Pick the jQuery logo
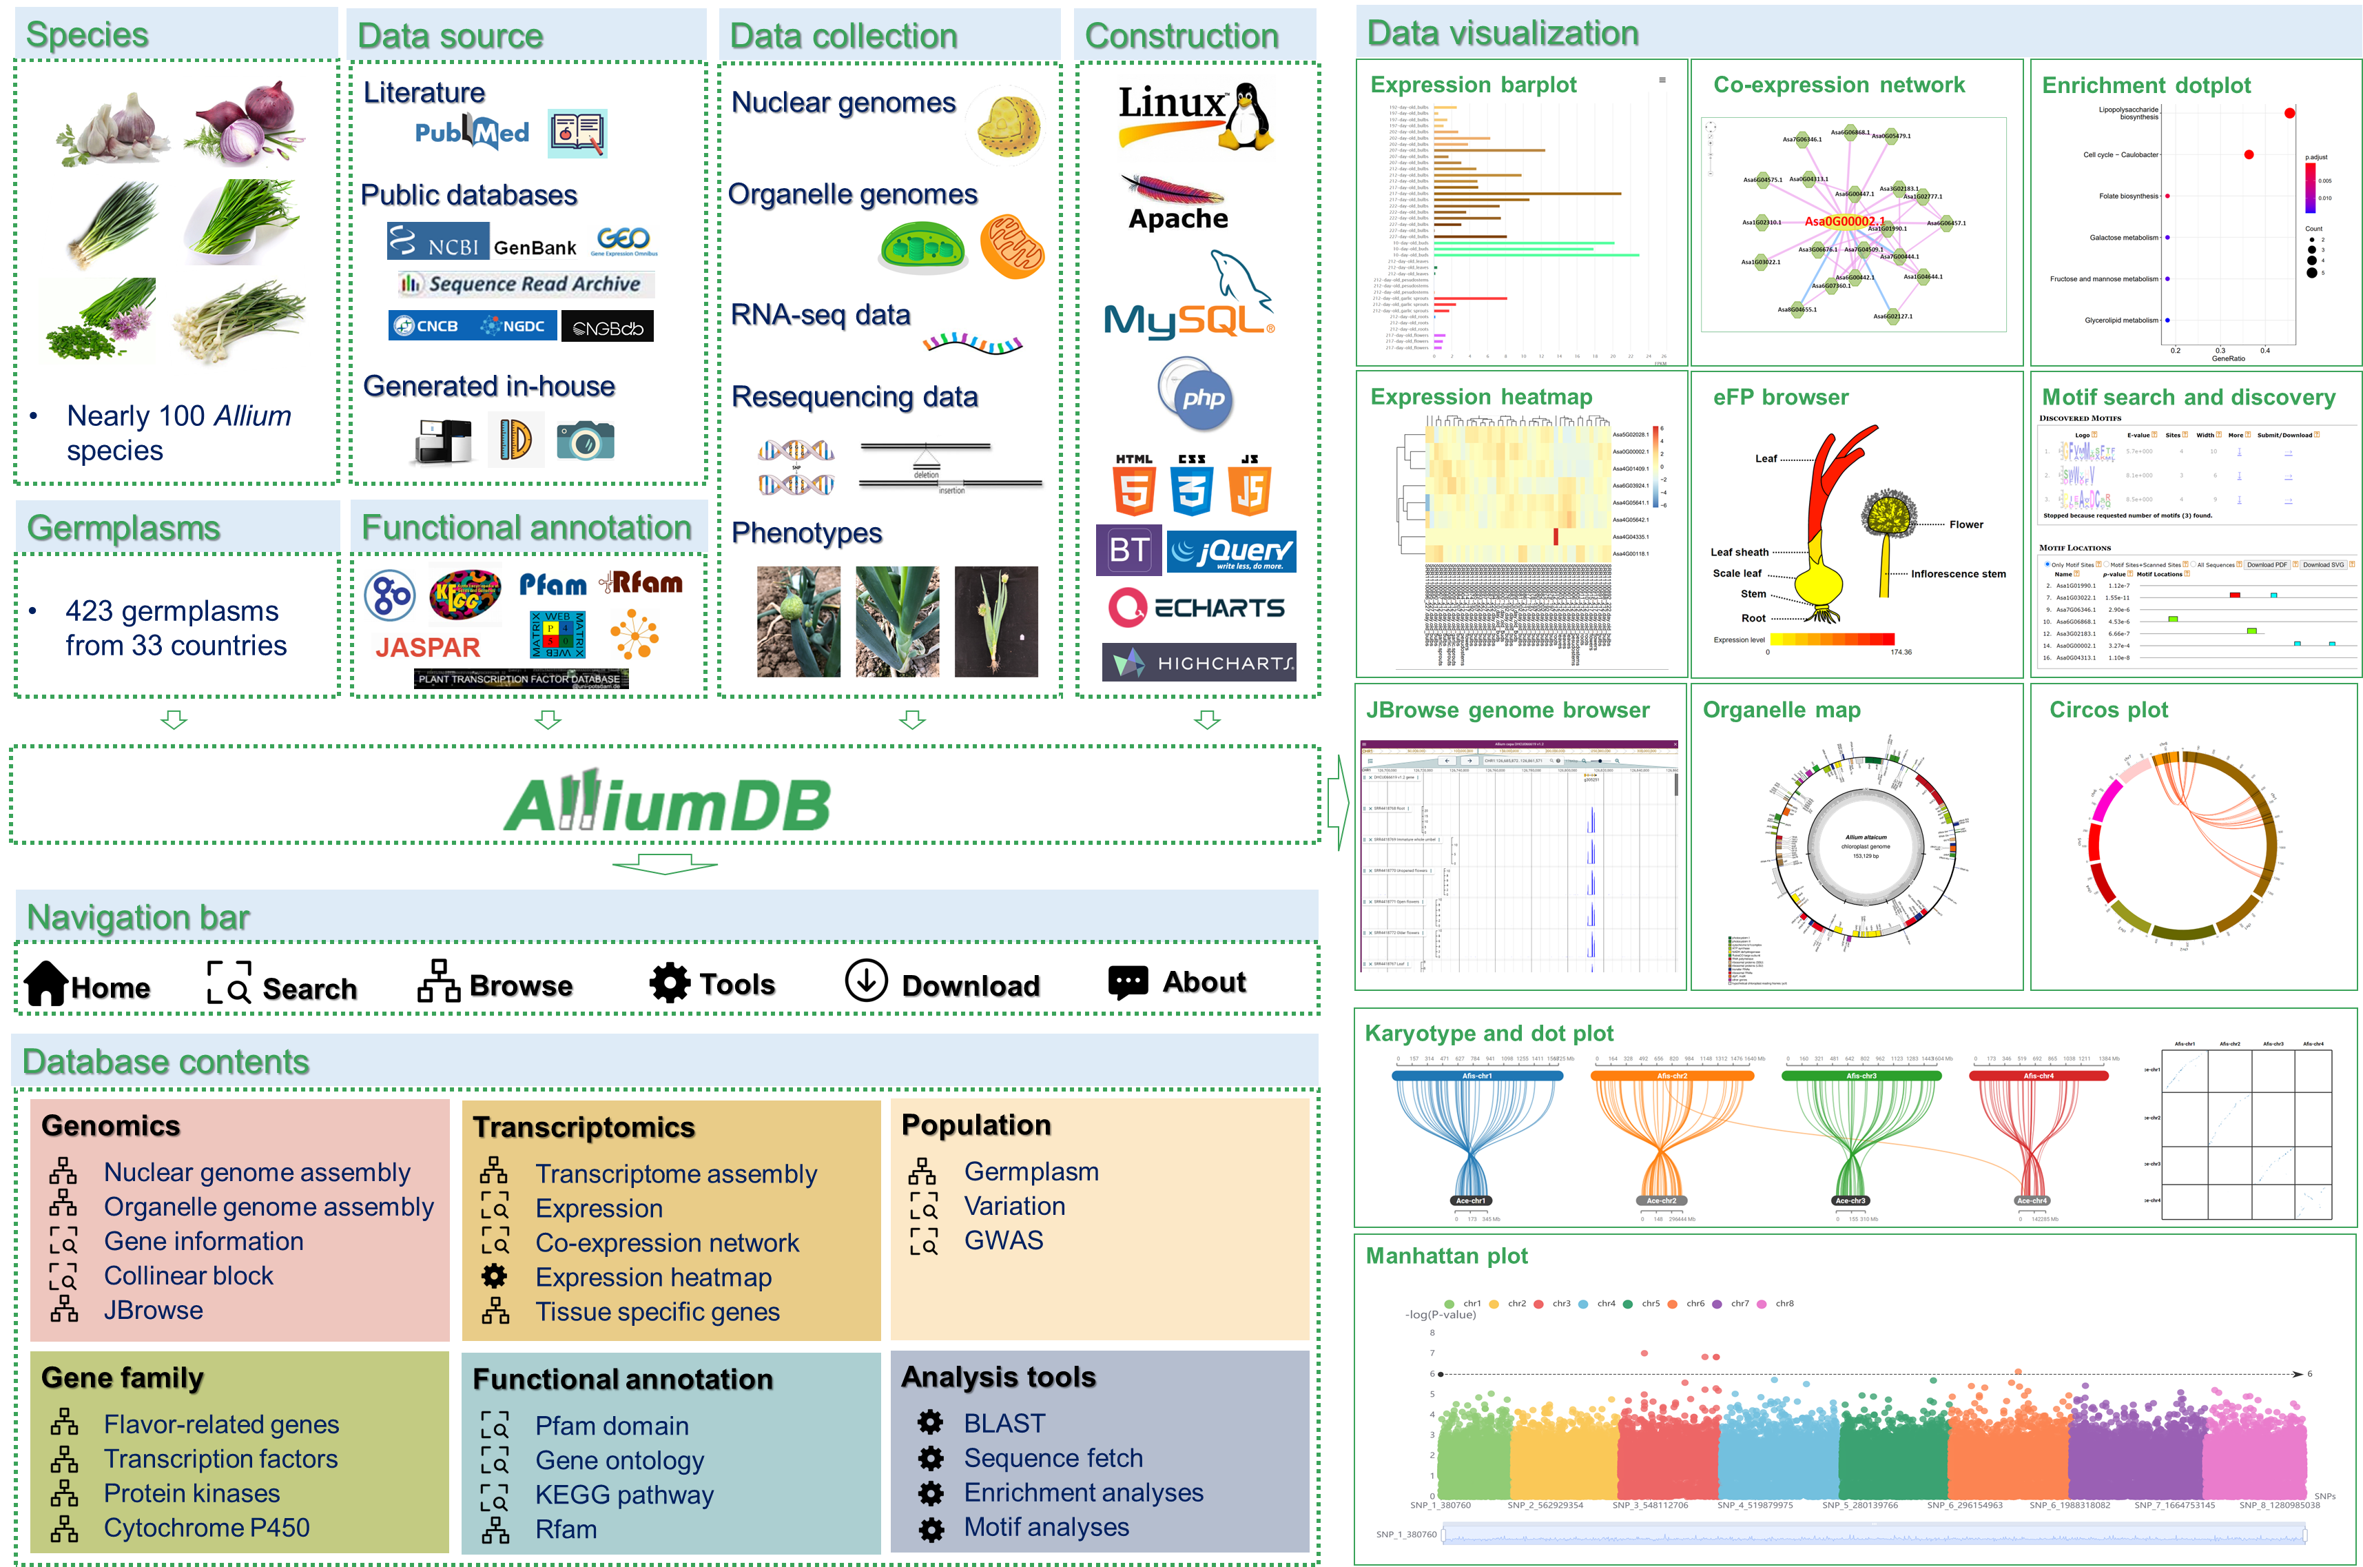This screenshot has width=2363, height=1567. tap(1231, 552)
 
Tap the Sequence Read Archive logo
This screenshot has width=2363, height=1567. tap(526, 285)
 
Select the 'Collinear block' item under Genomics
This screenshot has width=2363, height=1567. tap(188, 1276)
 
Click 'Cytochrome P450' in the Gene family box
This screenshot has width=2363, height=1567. tap(206, 1528)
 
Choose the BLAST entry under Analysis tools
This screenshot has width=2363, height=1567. tap(1004, 1423)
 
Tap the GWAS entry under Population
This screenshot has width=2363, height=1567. tap(1003, 1240)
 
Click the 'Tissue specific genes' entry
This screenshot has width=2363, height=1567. tap(657, 1312)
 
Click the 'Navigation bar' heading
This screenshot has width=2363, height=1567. tap(138, 917)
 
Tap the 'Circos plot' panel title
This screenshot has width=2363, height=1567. tap(2108, 710)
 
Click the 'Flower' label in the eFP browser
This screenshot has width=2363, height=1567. tap(1965, 524)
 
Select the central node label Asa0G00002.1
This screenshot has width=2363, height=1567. tap(1844, 222)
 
